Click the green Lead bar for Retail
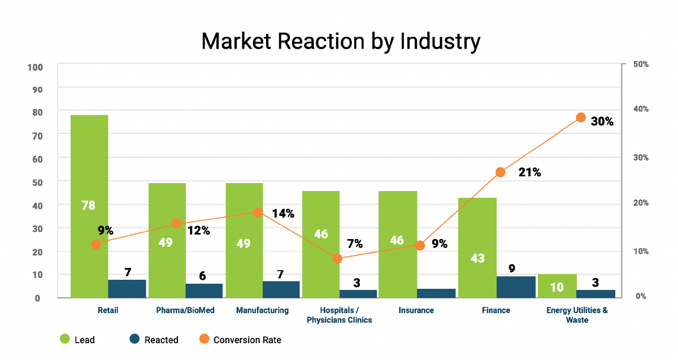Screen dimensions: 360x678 coord(89,170)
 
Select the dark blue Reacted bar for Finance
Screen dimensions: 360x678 coord(516,287)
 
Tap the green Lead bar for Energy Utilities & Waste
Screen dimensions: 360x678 coord(557,286)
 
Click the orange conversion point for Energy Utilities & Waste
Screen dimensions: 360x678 coord(581,118)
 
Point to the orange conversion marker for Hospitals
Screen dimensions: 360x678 coord(337,259)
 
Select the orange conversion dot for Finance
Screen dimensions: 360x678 coord(500,172)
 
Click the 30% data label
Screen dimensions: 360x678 coord(602,121)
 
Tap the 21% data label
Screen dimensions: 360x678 coord(529,172)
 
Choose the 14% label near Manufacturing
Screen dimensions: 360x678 coord(282,214)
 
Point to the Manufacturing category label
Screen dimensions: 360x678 coord(262,310)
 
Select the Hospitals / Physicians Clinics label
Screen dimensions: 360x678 coord(339,315)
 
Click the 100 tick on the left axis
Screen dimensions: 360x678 coord(35,67)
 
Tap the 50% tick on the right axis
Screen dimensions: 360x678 coord(641,65)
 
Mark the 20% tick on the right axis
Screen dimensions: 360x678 coord(641,203)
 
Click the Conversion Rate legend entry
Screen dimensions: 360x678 coord(247,340)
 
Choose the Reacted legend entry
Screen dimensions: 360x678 coord(161,340)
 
